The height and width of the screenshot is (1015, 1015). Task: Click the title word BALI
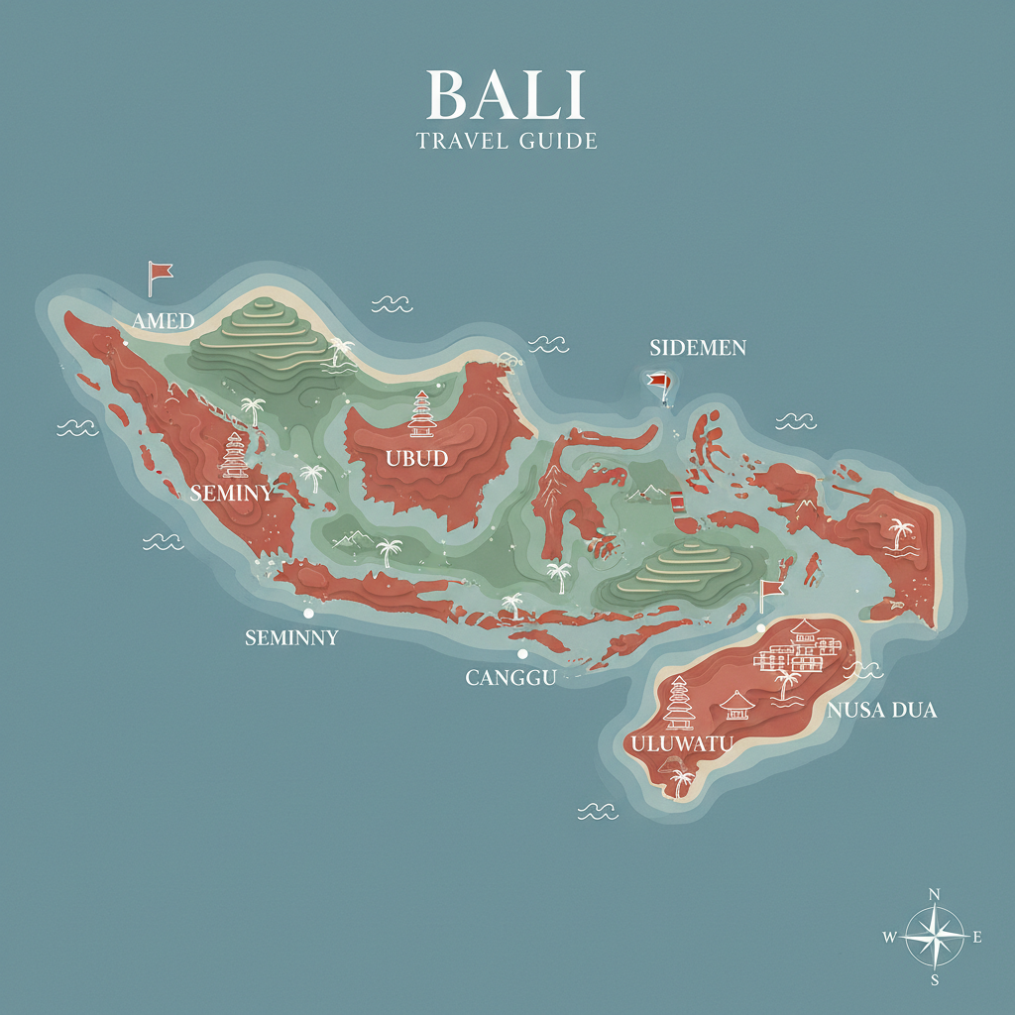pos(507,96)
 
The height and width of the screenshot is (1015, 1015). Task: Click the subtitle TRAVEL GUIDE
pos(507,141)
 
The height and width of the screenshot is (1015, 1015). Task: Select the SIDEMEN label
pos(698,348)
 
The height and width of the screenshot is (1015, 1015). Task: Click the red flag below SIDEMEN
pos(658,383)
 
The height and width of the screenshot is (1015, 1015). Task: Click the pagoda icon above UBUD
pos(422,414)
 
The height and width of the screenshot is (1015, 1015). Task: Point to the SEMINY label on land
pos(231,492)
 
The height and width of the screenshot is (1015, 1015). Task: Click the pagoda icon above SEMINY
pos(235,455)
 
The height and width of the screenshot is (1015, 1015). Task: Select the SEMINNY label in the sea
pos(291,638)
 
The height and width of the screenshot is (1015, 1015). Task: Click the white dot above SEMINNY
pos(308,614)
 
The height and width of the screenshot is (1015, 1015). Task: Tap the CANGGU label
pos(510,678)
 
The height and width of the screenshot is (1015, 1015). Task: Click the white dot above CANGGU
pos(521,654)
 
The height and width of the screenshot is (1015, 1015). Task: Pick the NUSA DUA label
pos(881,711)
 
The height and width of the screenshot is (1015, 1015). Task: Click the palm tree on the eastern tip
pos(901,533)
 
